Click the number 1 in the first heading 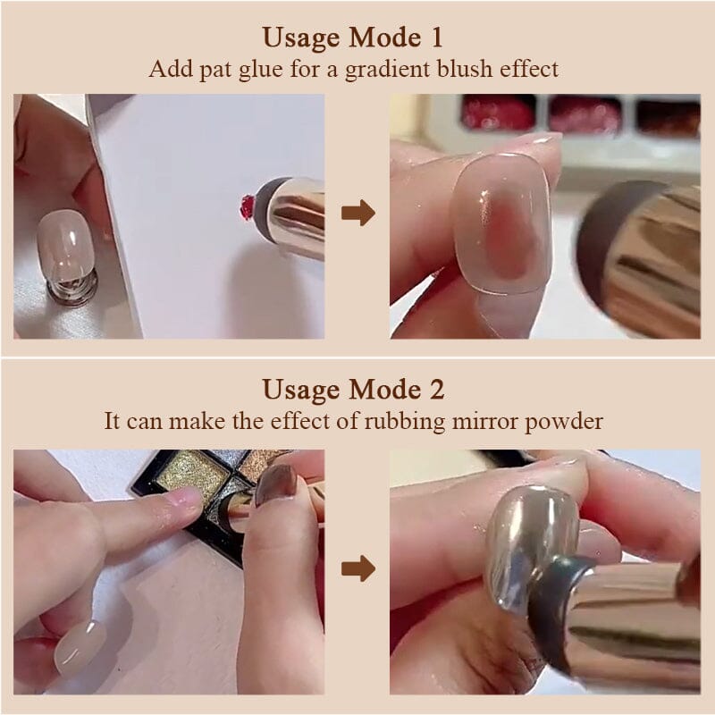point(435,38)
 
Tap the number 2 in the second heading point(436,390)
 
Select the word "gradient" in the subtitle point(387,70)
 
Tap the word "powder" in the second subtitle point(564,422)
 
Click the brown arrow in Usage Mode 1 point(358,213)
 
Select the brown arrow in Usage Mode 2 point(358,568)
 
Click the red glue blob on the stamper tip point(248,207)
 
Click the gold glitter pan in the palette point(188,475)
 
